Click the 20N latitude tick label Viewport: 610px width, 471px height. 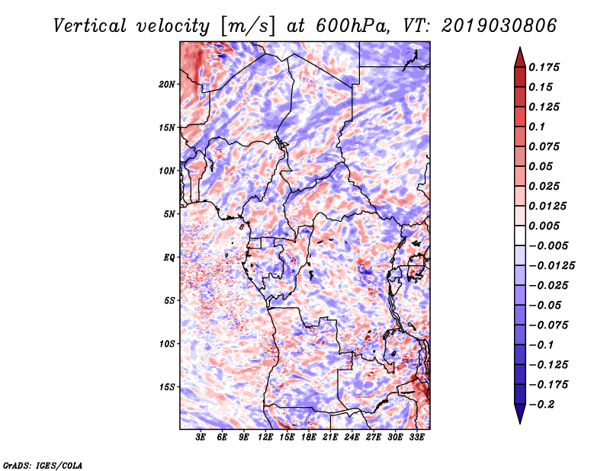(x=167, y=84)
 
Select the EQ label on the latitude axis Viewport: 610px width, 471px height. (x=169, y=257)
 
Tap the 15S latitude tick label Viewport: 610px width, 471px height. (x=167, y=387)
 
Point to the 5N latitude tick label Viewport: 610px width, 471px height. (x=169, y=214)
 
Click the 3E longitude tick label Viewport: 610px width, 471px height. (x=201, y=437)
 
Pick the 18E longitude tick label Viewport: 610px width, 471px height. (x=309, y=437)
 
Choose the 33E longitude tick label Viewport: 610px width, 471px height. (x=416, y=437)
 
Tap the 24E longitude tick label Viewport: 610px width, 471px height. (x=352, y=437)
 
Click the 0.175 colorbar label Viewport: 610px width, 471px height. (x=544, y=67)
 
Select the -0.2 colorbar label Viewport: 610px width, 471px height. (x=541, y=405)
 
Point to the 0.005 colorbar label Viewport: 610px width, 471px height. (x=544, y=226)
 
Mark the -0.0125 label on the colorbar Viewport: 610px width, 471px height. (x=551, y=266)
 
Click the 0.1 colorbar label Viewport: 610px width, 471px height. (x=537, y=127)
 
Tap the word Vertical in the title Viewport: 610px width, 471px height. (x=90, y=26)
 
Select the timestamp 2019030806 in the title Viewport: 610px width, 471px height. (x=499, y=26)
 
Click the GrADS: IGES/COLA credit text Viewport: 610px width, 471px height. (x=43, y=465)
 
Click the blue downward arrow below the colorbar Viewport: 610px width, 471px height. (x=520, y=413)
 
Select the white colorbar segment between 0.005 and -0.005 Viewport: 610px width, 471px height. (x=520, y=235)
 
